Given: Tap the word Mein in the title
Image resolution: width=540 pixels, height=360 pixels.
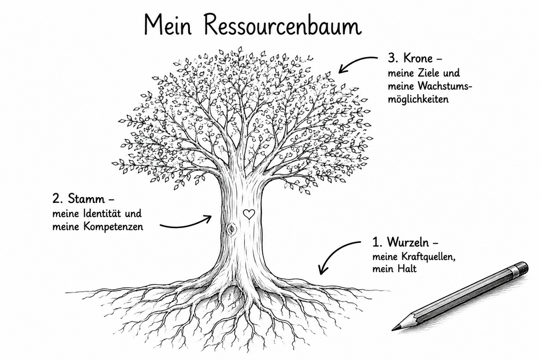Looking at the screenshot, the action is tap(168, 25).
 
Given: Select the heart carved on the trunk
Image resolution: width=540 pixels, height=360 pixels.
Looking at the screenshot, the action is tap(248, 214).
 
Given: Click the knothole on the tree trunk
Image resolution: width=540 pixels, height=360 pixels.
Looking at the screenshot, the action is tap(231, 229).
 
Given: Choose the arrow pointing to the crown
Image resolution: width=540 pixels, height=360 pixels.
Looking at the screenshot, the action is tap(357, 64).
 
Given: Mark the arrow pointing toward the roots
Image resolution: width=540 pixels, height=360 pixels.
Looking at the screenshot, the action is tap(336, 255).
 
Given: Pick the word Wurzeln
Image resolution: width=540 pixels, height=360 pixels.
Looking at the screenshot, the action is tap(408, 242).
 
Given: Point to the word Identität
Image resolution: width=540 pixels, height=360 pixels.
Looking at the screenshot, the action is tap(102, 213).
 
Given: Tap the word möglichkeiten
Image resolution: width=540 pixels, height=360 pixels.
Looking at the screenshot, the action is tap(418, 100).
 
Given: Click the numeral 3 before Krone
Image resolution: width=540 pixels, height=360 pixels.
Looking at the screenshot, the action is tap(391, 58).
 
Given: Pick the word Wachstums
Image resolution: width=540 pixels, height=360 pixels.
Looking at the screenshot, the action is tap(444, 86).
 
